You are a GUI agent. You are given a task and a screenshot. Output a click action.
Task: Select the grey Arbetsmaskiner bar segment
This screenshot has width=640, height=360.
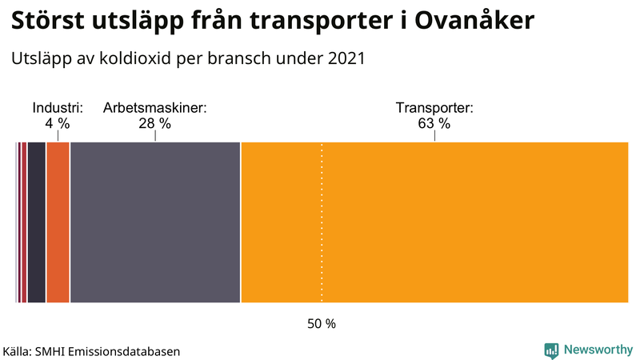pos(155,222)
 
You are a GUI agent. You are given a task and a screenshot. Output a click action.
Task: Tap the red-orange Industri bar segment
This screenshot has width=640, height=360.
pos(58,222)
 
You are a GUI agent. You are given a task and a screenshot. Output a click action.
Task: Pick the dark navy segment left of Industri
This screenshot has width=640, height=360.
pos(36,222)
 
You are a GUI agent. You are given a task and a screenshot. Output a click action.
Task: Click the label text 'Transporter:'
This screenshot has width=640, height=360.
pos(435,108)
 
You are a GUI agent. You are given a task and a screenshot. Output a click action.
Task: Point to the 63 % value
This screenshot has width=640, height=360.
pos(435,123)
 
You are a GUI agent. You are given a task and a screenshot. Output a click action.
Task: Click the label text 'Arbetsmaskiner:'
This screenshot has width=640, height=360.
pos(155,108)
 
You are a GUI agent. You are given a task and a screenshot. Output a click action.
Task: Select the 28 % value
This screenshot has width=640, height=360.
pos(155,123)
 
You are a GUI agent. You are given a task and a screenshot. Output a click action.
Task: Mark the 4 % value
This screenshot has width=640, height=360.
pos(58,123)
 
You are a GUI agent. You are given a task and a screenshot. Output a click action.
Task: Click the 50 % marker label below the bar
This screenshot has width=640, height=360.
pos(322,324)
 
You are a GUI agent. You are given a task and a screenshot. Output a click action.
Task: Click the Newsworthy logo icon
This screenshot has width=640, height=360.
pos(551,350)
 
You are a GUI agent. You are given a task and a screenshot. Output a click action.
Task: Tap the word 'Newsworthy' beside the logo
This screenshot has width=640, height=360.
pos(598,350)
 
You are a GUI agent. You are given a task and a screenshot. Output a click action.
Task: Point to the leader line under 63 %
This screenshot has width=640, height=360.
pos(435,136)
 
